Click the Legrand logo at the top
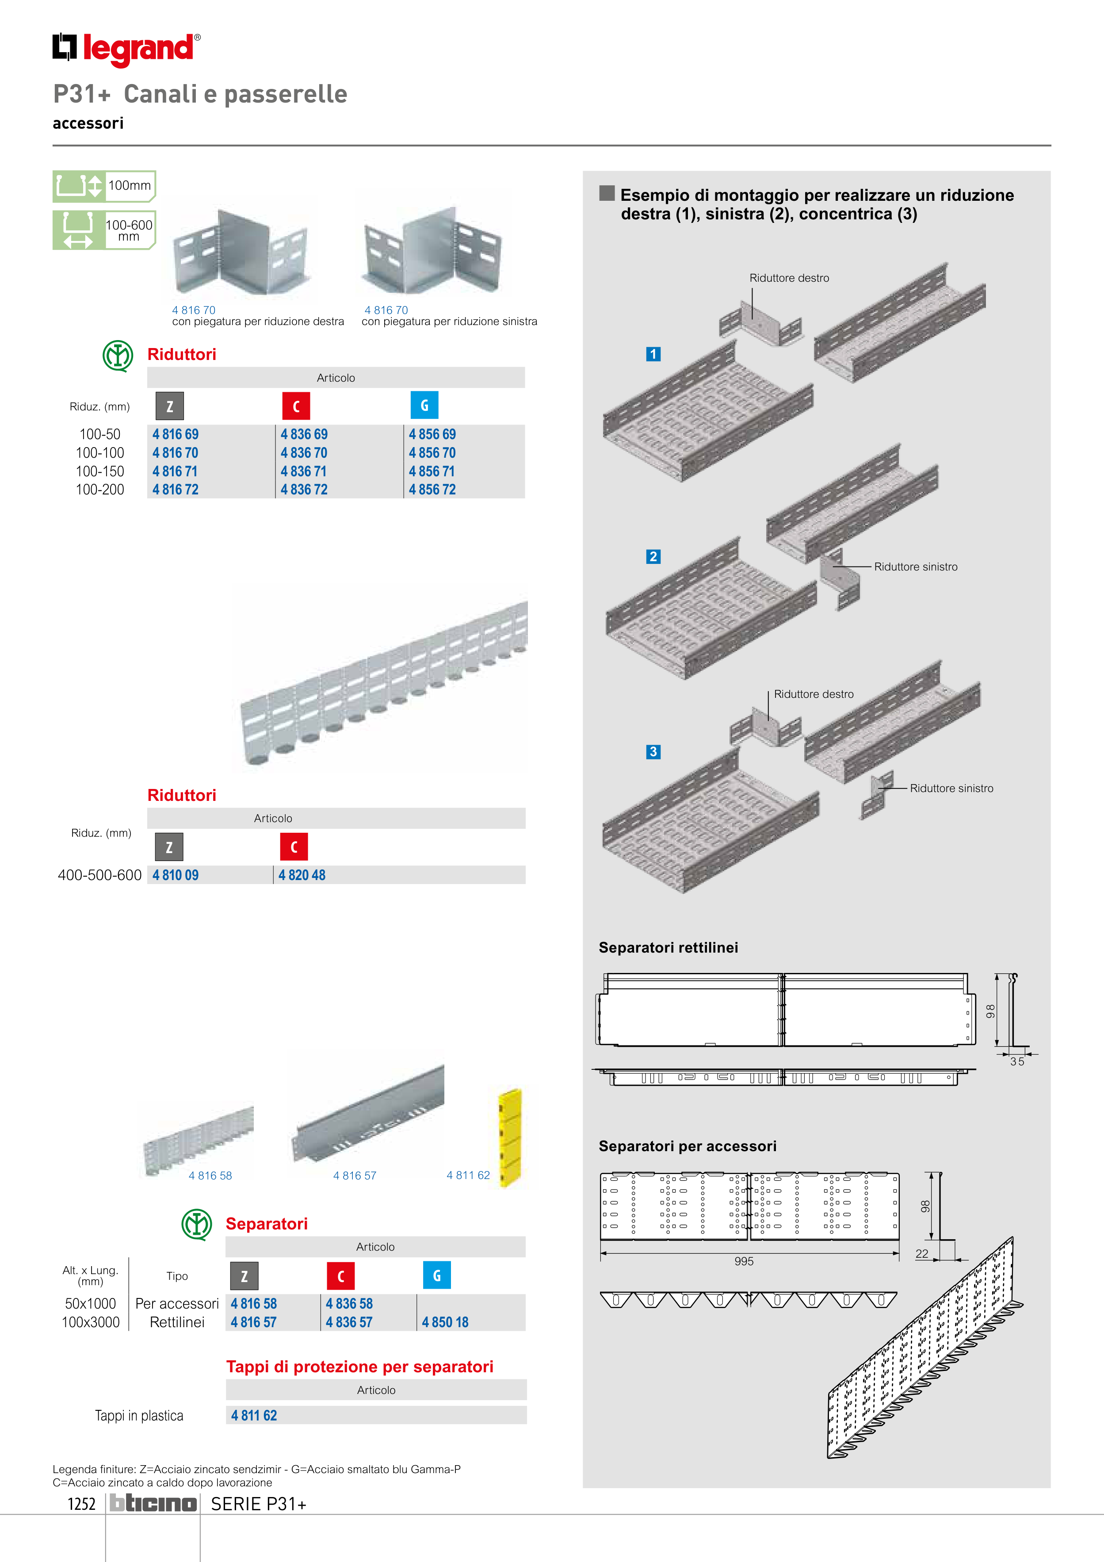tap(126, 49)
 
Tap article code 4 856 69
tap(432, 434)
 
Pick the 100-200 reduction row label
tap(100, 490)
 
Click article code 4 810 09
tap(176, 876)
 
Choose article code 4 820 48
tap(302, 876)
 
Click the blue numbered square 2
tap(653, 556)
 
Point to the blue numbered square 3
tap(653, 752)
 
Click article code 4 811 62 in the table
tap(254, 1416)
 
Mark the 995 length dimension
tap(744, 1261)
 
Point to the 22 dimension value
tap(922, 1254)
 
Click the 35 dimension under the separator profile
tap(1017, 1061)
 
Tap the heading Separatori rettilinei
tap(668, 948)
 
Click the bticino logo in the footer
tap(153, 1504)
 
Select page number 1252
tap(82, 1504)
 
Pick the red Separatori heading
tap(267, 1224)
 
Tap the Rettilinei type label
tap(177, 1323)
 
